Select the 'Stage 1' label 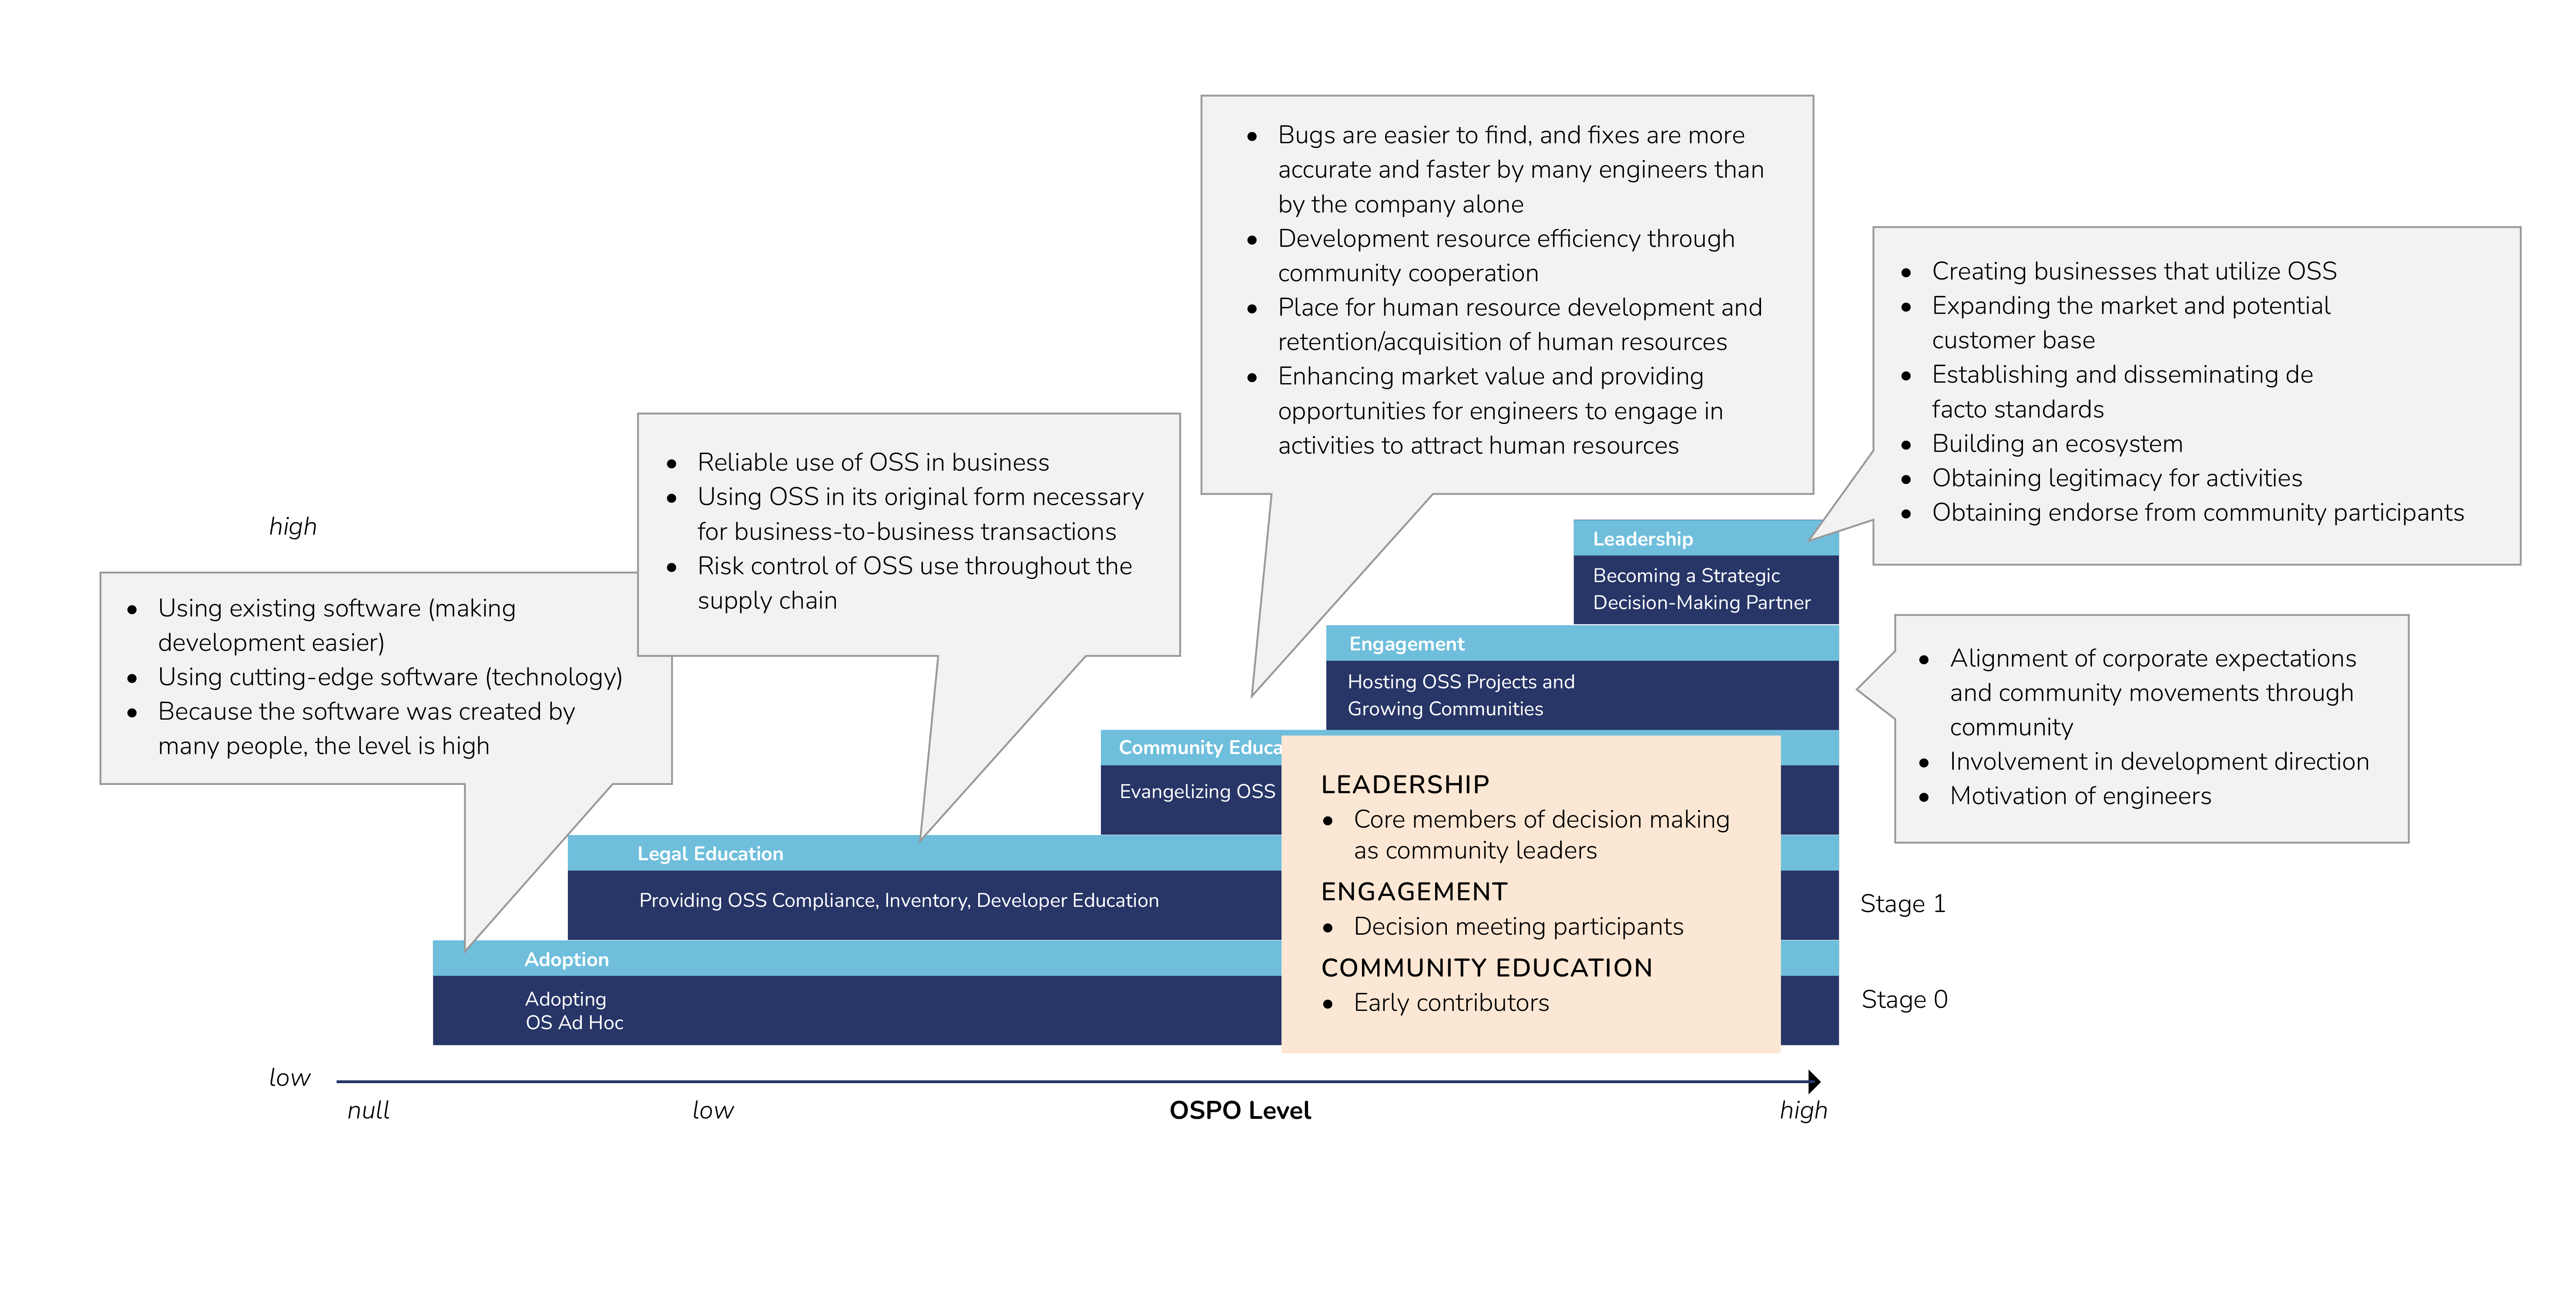tap(1901, 904)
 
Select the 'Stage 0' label tap(1903, 1000)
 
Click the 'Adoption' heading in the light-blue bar tap(566, 960)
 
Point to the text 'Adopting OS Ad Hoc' tap(573, 1010)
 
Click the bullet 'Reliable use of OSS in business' tap(872, 463)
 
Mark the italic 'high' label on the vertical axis tap(292, 527)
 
